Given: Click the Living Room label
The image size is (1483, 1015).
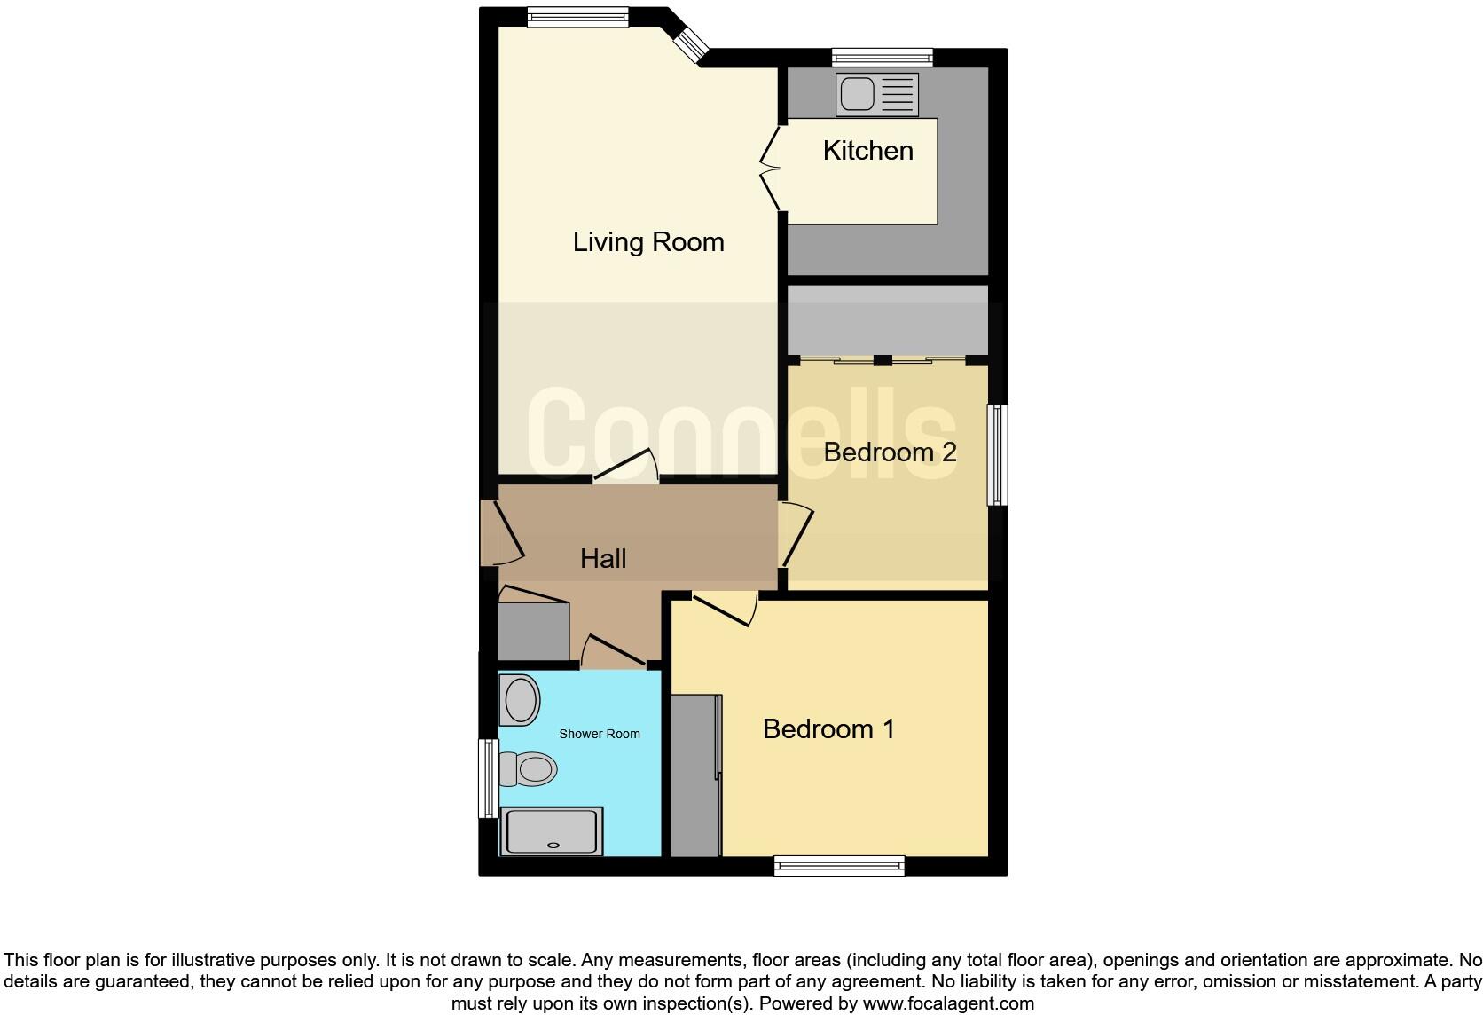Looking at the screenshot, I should pos(648,241).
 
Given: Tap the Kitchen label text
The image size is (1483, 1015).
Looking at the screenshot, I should pos(867,150).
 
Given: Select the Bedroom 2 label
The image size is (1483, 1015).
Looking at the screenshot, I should pos(889,452).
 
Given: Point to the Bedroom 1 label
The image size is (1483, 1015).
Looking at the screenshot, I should pos(828,728).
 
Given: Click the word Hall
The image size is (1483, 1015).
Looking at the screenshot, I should pos(603,558).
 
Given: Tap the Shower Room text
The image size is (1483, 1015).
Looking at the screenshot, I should pos(599,734).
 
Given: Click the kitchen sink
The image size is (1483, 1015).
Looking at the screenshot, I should pos(876,94).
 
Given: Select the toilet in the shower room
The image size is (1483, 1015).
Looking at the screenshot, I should pos(528,768).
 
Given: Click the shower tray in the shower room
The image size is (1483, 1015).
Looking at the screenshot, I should pos(551,831).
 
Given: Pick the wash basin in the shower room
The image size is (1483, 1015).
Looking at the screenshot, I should pos(521,700).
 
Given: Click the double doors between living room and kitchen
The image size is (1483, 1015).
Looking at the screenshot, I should pos(770,167).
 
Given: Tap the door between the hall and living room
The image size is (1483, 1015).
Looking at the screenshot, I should pos(626,468).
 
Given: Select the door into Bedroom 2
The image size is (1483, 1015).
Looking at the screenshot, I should pos(797,534).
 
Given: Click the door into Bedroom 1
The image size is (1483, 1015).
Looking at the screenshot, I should pos(725,609).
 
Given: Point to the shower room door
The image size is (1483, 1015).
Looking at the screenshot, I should pos(612,651).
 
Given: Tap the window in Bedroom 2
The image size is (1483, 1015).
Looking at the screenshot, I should pos(998,454).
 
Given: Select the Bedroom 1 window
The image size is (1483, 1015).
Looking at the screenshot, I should pos(839,865).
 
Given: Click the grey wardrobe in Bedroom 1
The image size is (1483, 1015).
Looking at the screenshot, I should pos(694,775).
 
